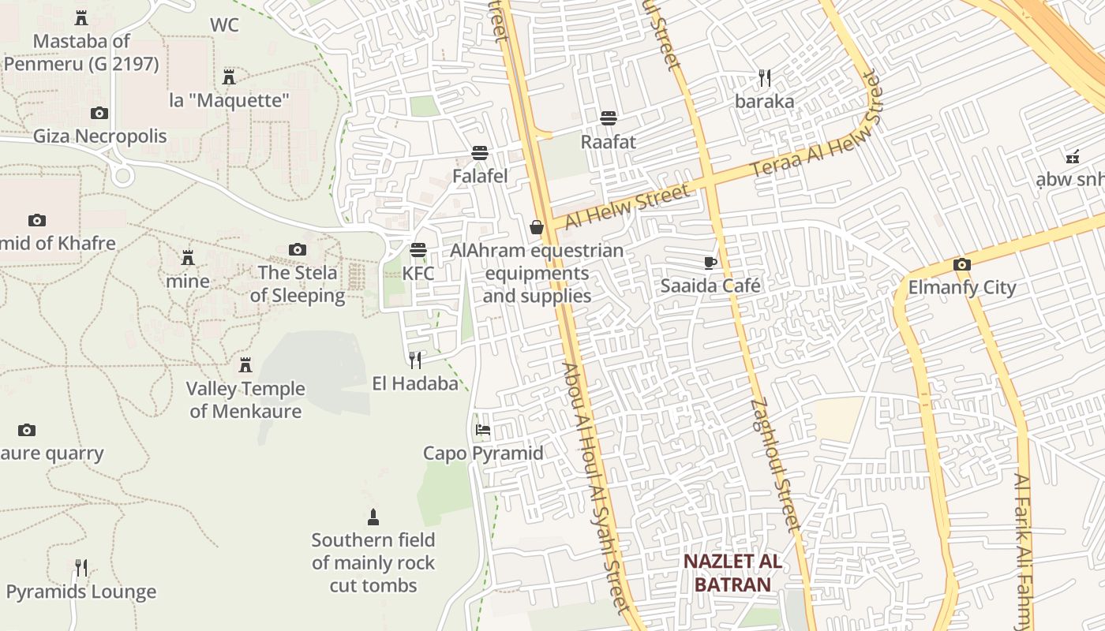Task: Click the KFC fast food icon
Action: [418, 250]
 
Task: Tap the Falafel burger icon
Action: [480, 152]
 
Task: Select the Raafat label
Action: [608, 142]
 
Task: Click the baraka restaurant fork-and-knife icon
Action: [764, 77]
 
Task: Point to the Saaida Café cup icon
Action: [710, 263]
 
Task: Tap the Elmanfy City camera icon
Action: [961, 264]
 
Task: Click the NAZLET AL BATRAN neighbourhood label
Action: [732, 573]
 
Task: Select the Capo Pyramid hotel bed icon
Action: [483, 430]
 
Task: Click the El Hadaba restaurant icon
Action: [415, 360]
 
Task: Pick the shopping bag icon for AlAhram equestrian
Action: [537, 227]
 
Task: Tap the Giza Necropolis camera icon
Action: [99, 113]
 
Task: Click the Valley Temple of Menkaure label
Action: [245, 400]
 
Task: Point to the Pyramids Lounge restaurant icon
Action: [81, 567]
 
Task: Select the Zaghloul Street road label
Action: [776, 465]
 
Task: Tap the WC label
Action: [224, 25]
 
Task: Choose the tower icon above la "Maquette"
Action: [229, 77]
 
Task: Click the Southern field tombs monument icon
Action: [373, 517]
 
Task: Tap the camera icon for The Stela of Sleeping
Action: [298, 250]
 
